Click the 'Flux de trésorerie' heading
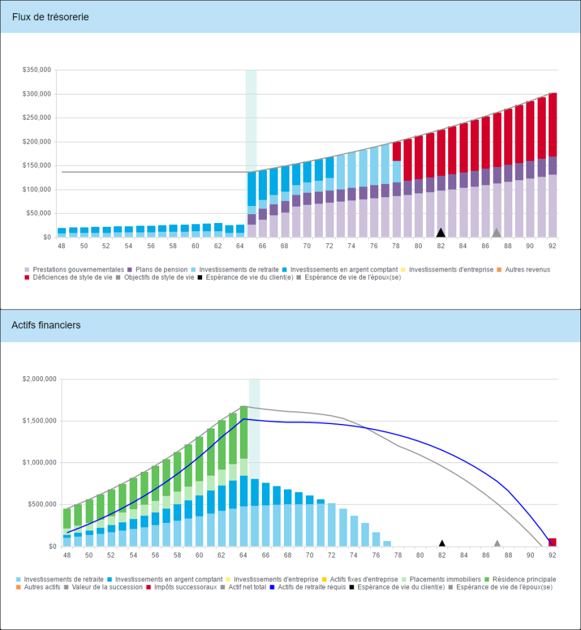click(50, 17)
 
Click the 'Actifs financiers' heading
click(46, 325)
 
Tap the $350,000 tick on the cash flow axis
click(37, 71)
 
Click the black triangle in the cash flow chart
click(441, 233)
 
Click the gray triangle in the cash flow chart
click(496, 233)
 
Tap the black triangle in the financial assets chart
click(442, 543)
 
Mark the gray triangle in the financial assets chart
click(497, 543)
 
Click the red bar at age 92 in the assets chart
click(552, 542)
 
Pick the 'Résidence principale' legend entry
click(524, 579)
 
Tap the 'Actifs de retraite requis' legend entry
click(308, 587)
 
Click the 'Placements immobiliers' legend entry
click(445, 579)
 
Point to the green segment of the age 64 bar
click(244, 432)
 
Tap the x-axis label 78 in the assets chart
click(398, 556)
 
